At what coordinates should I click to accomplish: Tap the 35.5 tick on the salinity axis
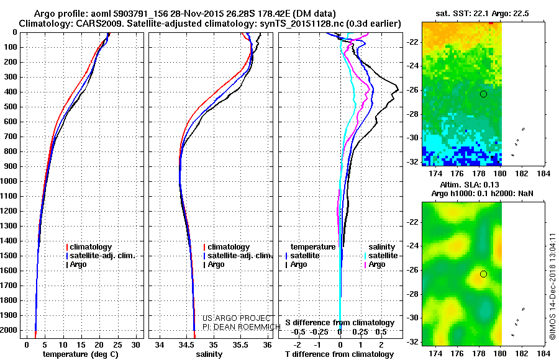click(240, 344)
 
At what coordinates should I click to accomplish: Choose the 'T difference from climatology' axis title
click(339, 354)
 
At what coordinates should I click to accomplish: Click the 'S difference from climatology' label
click(339, 323)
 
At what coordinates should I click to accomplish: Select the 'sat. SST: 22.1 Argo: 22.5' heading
click(483, 13)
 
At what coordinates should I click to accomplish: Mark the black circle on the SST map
click(483, 94)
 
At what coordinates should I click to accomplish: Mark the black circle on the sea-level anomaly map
click(483, 274)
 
